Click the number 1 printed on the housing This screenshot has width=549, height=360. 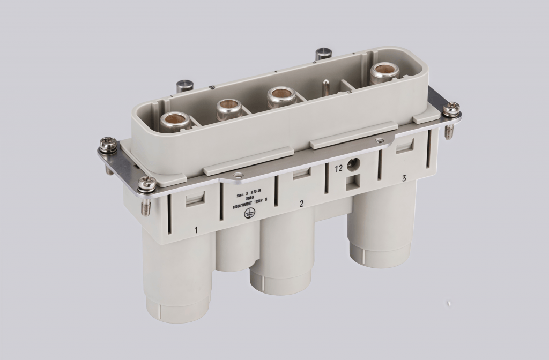point(197,230)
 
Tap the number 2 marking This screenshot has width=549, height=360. point(301,204)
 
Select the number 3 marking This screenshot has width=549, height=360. point(404,178)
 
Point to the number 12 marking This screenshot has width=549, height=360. point(339,168)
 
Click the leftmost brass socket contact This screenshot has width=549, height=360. point(175,119)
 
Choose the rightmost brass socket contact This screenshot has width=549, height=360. point(383,70)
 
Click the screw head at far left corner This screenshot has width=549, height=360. point(106,145)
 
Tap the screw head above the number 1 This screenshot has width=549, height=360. point(146,184)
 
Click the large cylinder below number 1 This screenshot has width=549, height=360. point(177,279)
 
